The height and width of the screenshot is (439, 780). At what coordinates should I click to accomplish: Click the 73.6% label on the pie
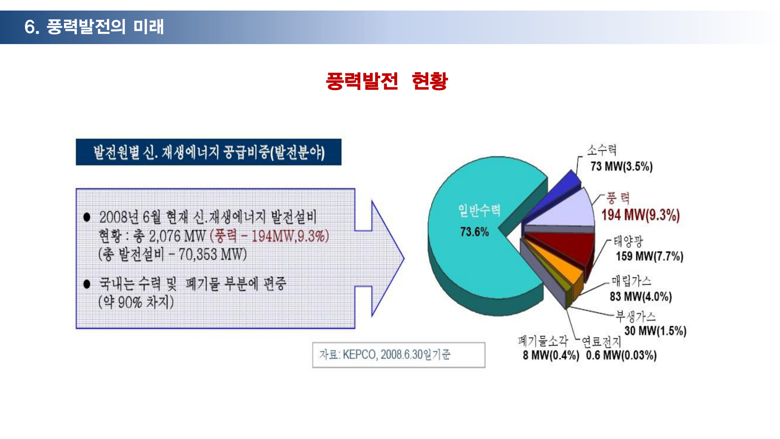click(x=474, y=232)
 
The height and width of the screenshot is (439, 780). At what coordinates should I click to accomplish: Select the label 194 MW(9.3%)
click(x=640, y=215)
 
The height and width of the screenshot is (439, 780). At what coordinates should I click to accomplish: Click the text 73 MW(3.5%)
click(x=621, y=167)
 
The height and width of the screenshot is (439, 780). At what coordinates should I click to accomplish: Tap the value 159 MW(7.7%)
click(x=649, y=256)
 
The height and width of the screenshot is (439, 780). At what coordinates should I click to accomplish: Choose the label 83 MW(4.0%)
click(x=641, y=297)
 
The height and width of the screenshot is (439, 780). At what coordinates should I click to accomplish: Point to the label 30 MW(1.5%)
click(x=655, y=331)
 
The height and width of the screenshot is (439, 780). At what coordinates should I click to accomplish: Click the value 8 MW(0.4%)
click(x=551, y=355)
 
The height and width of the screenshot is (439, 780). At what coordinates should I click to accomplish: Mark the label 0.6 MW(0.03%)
click(x=621, y=355)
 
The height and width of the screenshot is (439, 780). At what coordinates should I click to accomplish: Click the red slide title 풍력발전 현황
click(x=386, y=81)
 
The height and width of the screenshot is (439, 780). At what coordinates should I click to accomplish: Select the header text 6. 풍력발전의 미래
click(x=94, y=27)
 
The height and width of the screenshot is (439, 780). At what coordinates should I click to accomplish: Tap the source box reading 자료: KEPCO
click(x=399, y=355)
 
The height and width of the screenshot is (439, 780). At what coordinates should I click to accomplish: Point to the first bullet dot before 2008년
click(x=87, y=217)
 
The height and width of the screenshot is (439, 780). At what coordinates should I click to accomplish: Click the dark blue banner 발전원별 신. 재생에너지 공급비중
click(x=209, y=152)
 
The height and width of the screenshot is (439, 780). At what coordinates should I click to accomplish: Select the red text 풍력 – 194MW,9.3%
click(x=269, y=236)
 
